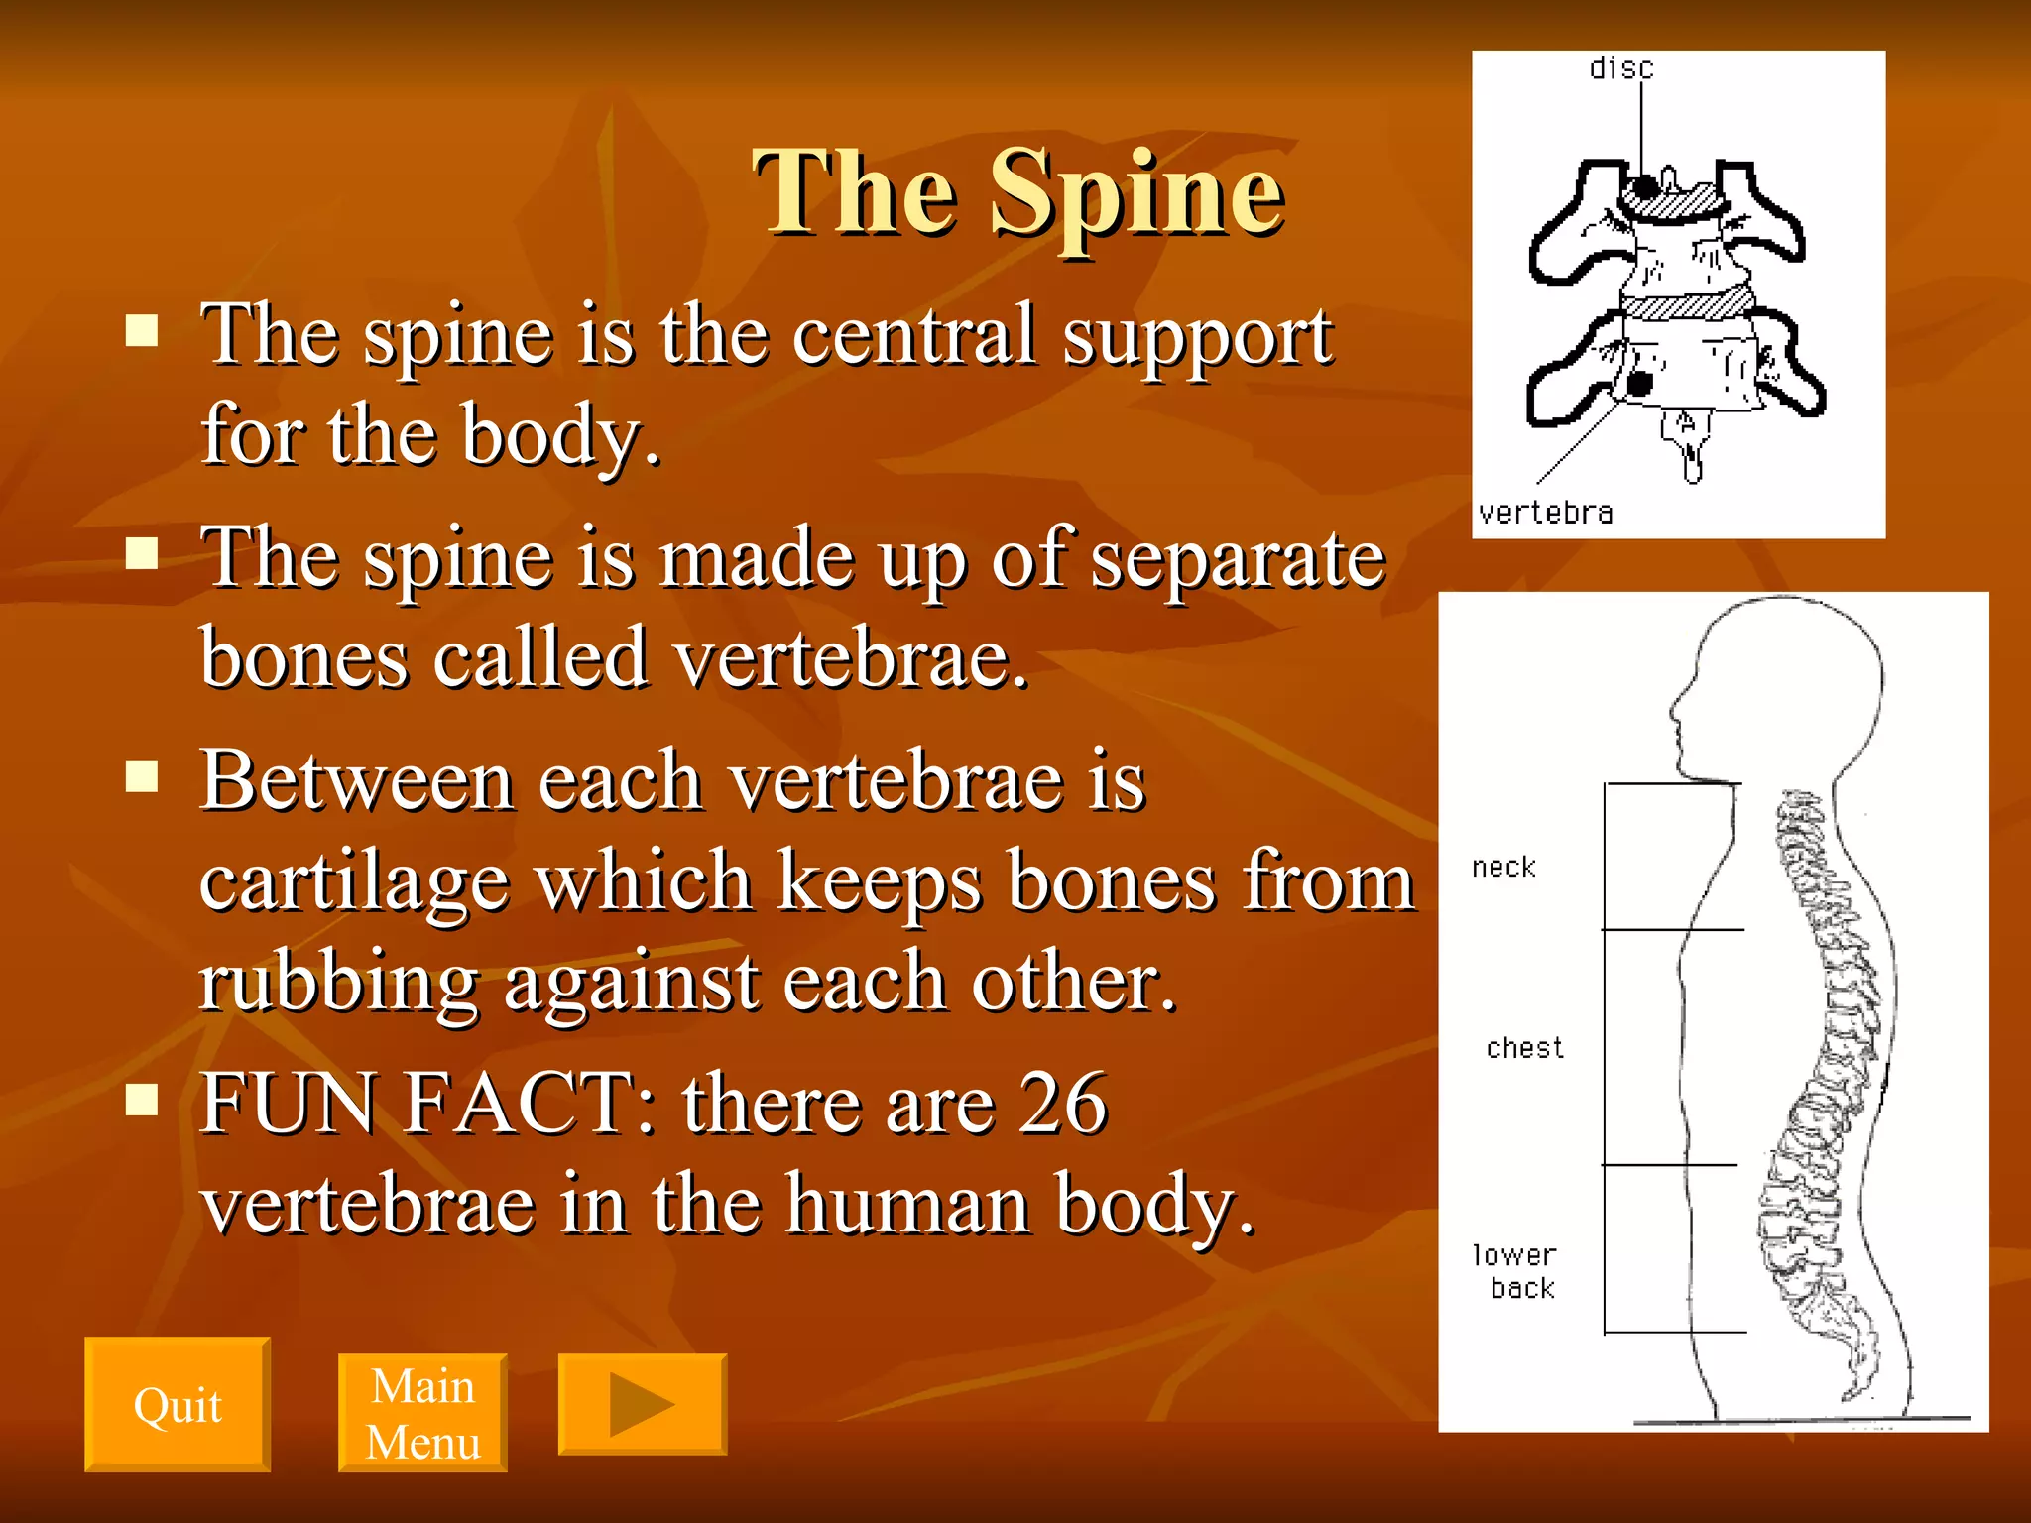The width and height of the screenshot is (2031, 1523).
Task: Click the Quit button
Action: click(x=177, y=1404)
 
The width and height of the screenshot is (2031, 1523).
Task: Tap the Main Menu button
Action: click(x=422, y=1413)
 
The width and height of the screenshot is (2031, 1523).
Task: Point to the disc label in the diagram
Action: click(x=1621, y=68)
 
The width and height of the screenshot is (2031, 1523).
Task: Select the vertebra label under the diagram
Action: click(x=1545, y=513)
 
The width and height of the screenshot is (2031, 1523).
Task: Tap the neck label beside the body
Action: click(x=1503, y=868)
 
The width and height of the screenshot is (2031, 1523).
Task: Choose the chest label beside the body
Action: click(x=1524, y=1048)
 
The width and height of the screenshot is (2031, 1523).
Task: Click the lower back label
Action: click(x=1514, y=1271)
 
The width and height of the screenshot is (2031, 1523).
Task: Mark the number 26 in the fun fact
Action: click(x=1062, y=1103)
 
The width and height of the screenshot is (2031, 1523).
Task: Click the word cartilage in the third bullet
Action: click(x=354, y=881)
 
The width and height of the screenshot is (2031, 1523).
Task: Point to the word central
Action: click(x=915, y=335)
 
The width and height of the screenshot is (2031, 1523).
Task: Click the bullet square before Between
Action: click(x=143, y=776)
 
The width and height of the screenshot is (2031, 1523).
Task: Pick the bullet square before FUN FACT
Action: click(x=143, y=1099)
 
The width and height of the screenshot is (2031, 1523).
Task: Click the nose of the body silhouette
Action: click(x=1673, y=710)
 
